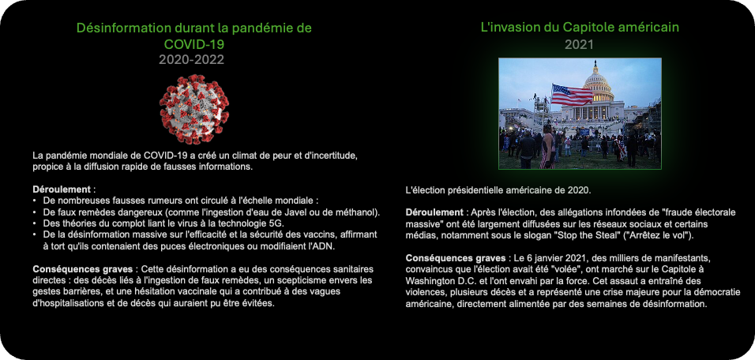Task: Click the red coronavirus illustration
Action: [x=194, y=109]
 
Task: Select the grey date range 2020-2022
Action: [x=192, y=60]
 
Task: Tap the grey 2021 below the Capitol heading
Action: [x=579, y=45]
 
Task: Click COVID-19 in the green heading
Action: [x=194, y=44]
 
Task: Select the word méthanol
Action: [x=361, y=212]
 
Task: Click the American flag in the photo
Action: [x=572, y=94]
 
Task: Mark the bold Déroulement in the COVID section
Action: [x=62, y=189]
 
